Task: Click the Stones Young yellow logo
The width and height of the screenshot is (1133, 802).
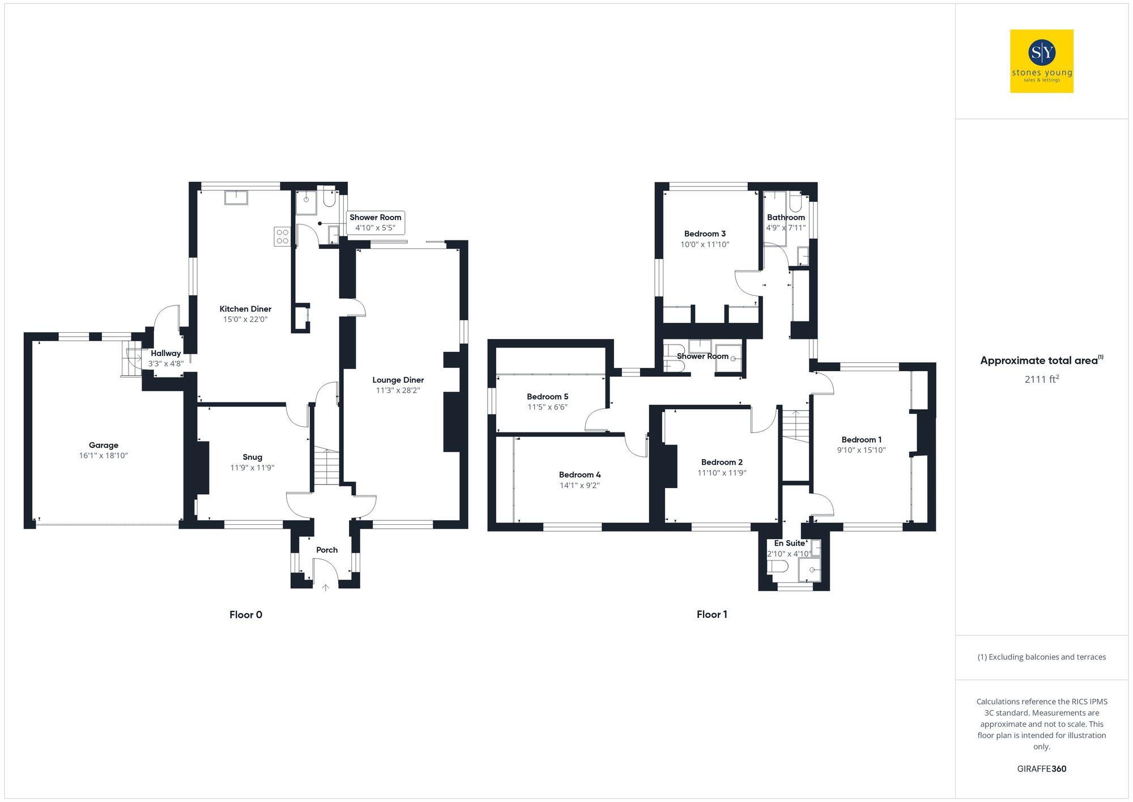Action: coord(1041,61)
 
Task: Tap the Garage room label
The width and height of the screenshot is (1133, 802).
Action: coord(103,445)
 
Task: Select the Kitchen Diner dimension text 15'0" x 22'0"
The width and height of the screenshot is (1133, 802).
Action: coord(245,320)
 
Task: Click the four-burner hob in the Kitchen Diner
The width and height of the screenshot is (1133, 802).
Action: coord(282,236)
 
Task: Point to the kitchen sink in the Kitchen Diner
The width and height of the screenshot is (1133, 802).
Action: coord(236,197)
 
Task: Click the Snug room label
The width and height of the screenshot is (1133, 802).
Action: coord(252,457)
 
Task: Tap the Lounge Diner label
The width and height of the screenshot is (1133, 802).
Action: coord(398,380)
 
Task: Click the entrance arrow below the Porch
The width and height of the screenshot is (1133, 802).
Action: coord(325,588)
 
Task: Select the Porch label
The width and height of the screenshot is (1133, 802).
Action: coord(327,550)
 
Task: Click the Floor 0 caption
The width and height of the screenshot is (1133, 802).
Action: coord(246,615)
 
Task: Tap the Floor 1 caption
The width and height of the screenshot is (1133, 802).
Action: coord(712,615)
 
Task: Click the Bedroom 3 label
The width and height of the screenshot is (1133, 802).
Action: coord(705,234)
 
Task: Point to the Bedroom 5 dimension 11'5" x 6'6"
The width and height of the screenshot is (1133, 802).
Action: coord(547,407)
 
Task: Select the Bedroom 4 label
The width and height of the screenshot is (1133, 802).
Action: coord(580,475)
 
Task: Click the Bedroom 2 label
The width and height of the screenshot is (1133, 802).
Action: coord(722,462)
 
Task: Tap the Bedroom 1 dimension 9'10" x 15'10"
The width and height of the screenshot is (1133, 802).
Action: coord(861,450)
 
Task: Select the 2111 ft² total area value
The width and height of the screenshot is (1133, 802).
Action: coord(1041,379)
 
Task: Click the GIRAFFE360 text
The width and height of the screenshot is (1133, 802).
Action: coord(1041,769)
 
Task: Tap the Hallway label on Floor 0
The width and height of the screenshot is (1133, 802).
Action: coord(165,353)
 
